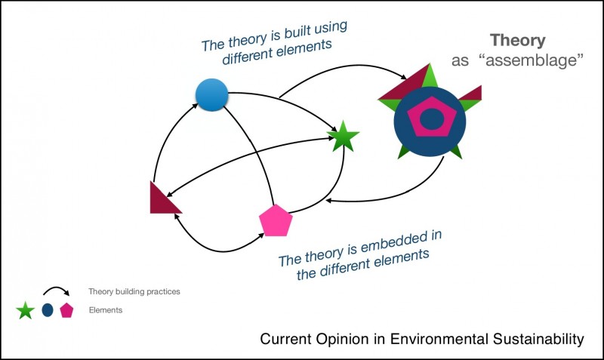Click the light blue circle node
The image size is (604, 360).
coord(211,94)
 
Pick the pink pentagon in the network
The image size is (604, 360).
coord(275,220)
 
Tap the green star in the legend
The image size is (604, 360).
coord(26,310)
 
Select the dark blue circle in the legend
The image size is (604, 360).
coord(48,310)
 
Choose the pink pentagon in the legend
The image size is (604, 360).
coord(66,310)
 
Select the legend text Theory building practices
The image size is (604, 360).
coord(134,291)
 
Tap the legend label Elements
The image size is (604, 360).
coord(105,310)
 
